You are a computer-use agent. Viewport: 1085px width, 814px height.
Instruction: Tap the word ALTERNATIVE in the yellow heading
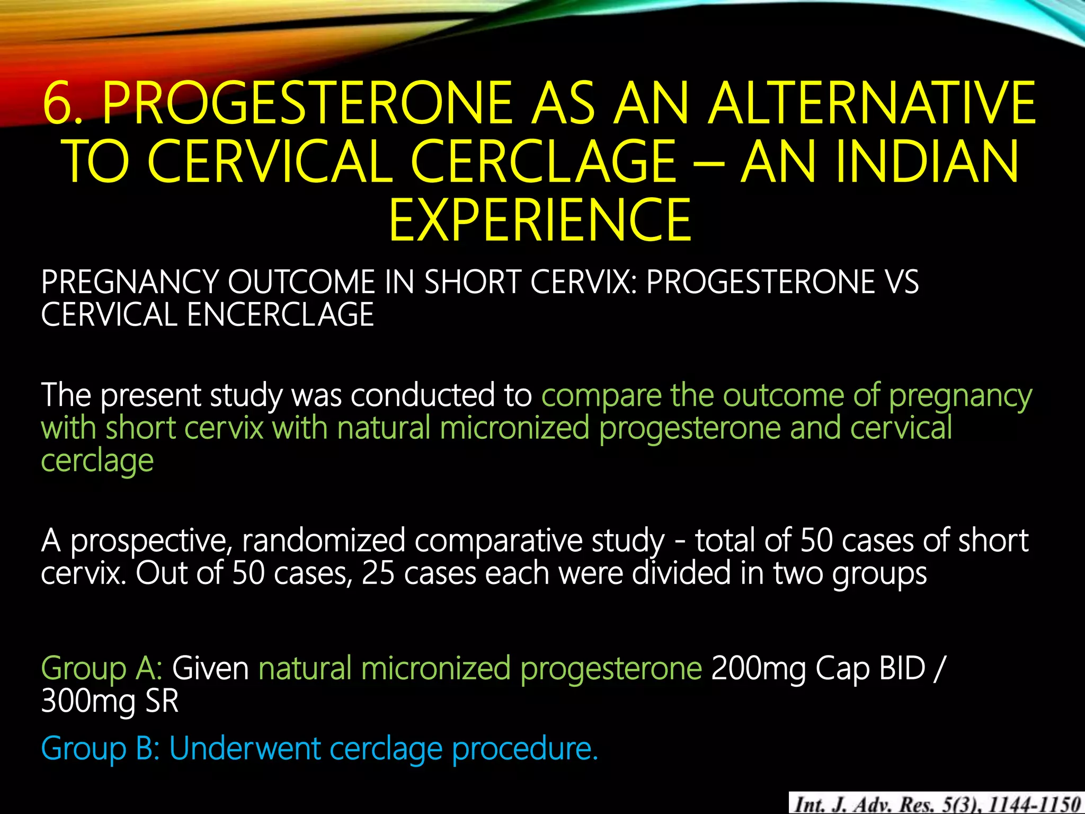tap(872, 103)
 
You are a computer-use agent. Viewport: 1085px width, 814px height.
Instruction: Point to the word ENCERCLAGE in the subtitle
tap(280, 315)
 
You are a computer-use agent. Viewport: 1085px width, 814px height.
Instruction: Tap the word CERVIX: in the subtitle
tap(583, 282)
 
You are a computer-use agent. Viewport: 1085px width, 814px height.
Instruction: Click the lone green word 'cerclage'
tap(97, 461)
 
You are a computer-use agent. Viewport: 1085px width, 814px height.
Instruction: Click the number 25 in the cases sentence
tap(378, 573)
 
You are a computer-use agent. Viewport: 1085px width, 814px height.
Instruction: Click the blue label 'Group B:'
tap(101, 749)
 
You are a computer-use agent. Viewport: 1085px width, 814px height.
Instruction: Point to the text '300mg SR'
tap(110, 701)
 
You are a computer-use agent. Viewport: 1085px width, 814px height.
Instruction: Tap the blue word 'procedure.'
tap(524, 749)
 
